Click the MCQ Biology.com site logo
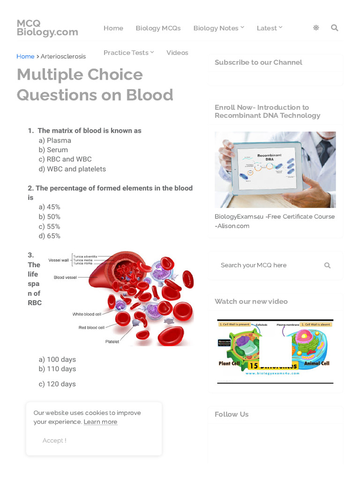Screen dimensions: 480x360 coord(47,28)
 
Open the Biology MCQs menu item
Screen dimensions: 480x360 coord(158,28)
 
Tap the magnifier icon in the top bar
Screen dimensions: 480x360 coord(334,28)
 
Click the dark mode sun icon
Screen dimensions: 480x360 coord(316,28)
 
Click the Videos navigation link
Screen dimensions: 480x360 coord(177,52)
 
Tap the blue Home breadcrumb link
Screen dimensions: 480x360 coord(25,56)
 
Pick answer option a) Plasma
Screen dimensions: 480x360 coord(55,140)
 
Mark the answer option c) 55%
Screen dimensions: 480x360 coord(50,226)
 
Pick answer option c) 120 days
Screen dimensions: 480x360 coord(57,384)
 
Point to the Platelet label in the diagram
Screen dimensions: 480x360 coord(112,342)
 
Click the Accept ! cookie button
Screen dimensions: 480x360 coord(54,440)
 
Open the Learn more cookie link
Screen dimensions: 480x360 coord(100,422)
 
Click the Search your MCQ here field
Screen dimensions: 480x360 coord(270,265)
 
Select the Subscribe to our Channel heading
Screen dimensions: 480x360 coord(258,62)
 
